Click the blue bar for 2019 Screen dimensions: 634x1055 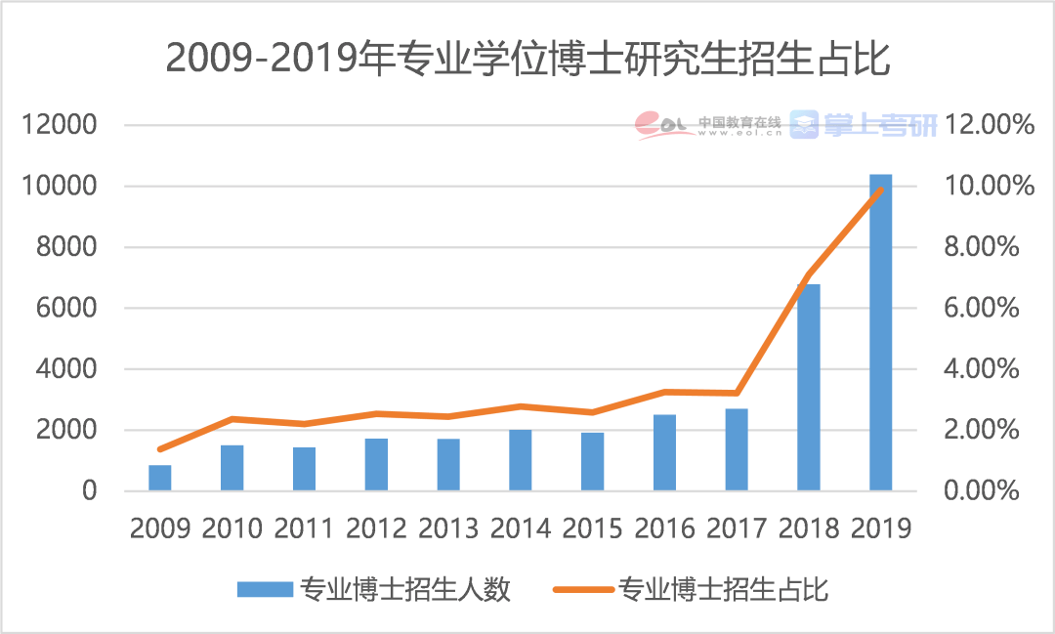[880, 332]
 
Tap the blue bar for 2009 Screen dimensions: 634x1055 [160, 478]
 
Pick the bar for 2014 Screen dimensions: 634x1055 [520, 460]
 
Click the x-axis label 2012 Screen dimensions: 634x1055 [376, 528]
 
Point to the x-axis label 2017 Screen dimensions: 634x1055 [737, 528]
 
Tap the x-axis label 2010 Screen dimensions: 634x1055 [232, 528]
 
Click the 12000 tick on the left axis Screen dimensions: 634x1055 [62, 125]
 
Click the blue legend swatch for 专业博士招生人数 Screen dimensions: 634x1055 [265, 590]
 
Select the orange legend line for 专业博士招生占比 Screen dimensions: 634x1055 [583, 590]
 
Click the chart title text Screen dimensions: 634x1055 [527, 59]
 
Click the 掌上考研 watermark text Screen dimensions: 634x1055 [879, 124]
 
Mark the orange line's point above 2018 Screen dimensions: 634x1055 [808, 275]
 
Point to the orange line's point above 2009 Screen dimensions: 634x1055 [160, 449]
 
